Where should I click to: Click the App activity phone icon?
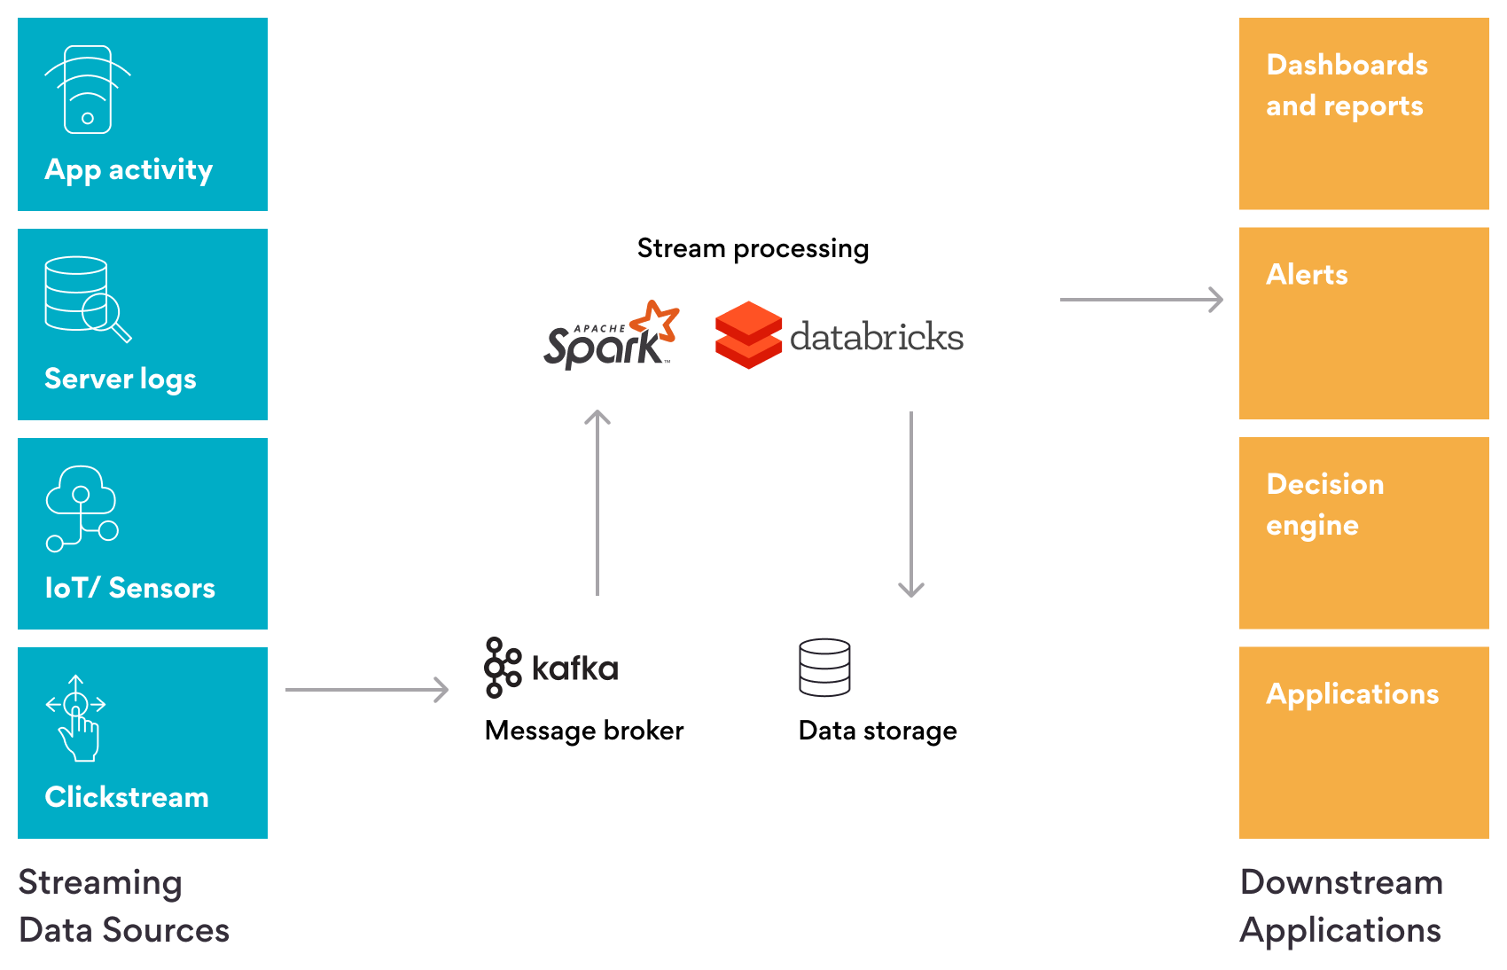point(87,90)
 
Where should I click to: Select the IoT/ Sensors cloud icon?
point(82,508)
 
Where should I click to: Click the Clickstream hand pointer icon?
point(77,718)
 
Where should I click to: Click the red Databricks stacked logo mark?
point(748,335)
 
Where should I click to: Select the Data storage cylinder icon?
point(824,667)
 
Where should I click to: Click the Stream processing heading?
point(753,248)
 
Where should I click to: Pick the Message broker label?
point(584,731)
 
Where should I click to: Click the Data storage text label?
point(878,731)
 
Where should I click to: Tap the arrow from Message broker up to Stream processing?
point(597,501)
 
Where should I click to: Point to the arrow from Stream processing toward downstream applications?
point(1141,300)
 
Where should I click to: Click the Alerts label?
point(1307,275)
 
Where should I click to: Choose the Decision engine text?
point(1324,505)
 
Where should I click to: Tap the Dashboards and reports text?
point(1346,85)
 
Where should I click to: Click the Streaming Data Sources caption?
point(123,906)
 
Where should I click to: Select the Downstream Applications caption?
point(1341,906)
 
